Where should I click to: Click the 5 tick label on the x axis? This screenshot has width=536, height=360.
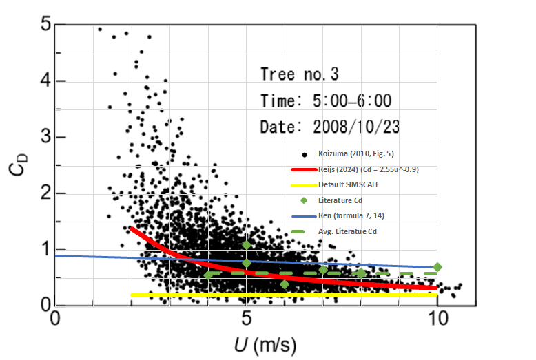point(246,320)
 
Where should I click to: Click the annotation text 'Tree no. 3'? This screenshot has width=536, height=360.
point(300,74)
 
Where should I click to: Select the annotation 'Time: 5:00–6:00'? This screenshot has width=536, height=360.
point(326,100)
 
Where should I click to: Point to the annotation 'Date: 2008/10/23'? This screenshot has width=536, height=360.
point(330,127)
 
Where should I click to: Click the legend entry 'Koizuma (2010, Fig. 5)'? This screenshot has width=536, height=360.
point(355,153)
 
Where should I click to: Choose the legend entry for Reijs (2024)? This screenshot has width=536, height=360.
point(365,169)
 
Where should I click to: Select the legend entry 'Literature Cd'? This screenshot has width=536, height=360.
point(341,200)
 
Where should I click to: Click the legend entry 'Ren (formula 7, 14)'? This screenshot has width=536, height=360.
point(351,216)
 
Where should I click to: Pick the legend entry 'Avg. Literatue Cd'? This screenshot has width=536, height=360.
point(348,232)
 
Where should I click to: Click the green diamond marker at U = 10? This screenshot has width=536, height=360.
point(437,266)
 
